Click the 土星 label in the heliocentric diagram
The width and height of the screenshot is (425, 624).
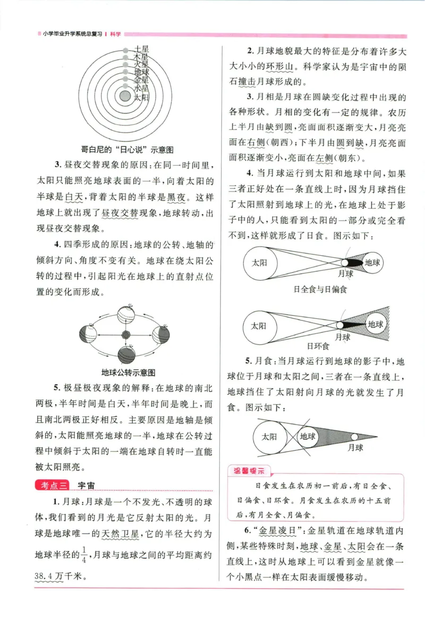(x=141, y=49)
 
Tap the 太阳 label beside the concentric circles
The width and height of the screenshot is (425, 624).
(x=141, y=98)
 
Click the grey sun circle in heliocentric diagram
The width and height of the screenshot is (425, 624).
(x=125, y=96)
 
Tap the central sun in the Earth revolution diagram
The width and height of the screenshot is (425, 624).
(x=126, y=335)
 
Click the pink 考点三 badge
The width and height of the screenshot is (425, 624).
(x=52, y=485)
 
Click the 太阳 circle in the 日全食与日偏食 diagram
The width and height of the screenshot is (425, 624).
(x=259, y=262)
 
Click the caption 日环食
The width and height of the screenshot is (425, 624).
(x=319, y=346)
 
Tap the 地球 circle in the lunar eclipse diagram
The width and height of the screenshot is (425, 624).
(x=308, y=437)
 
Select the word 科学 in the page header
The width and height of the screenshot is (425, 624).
(x=115, y=34)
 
